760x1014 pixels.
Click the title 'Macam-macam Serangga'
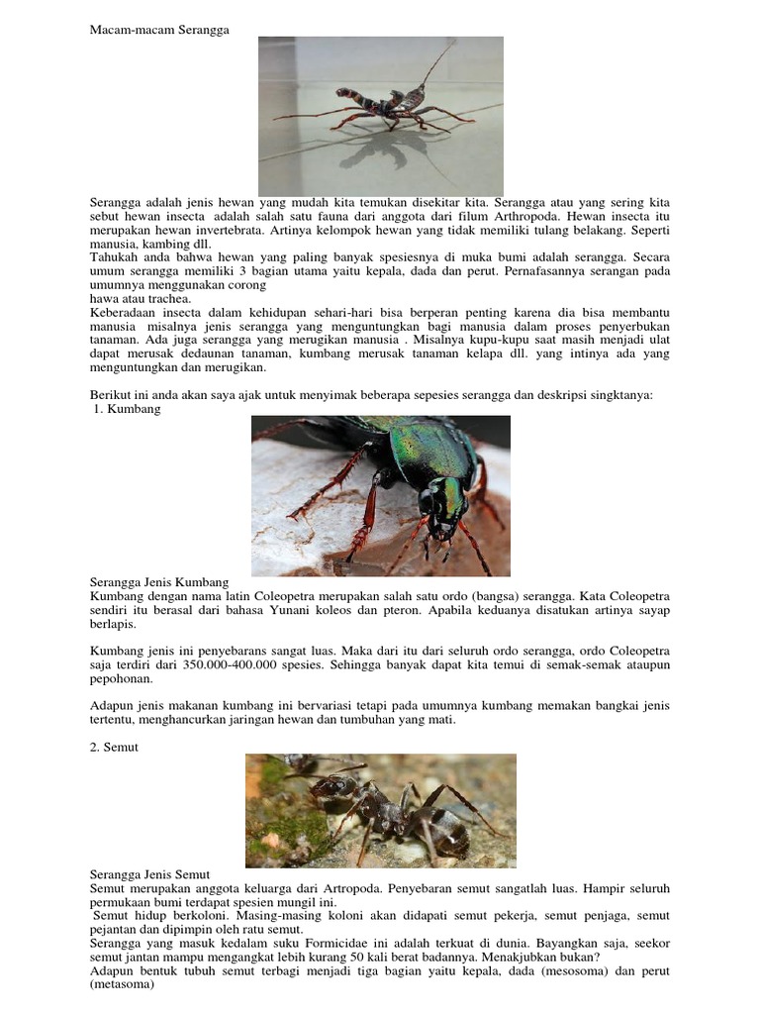pyautogui.click(x=159, y=30)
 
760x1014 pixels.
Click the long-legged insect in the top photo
pyautogui.click(x=386, y=107)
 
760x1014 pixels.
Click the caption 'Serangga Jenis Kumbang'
pyautogui.click(x=159, y=582)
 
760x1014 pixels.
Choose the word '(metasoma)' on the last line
pyautogui.click(x=121, y=986)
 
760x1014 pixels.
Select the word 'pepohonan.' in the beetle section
pyautogui.click(x=122, y=679)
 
